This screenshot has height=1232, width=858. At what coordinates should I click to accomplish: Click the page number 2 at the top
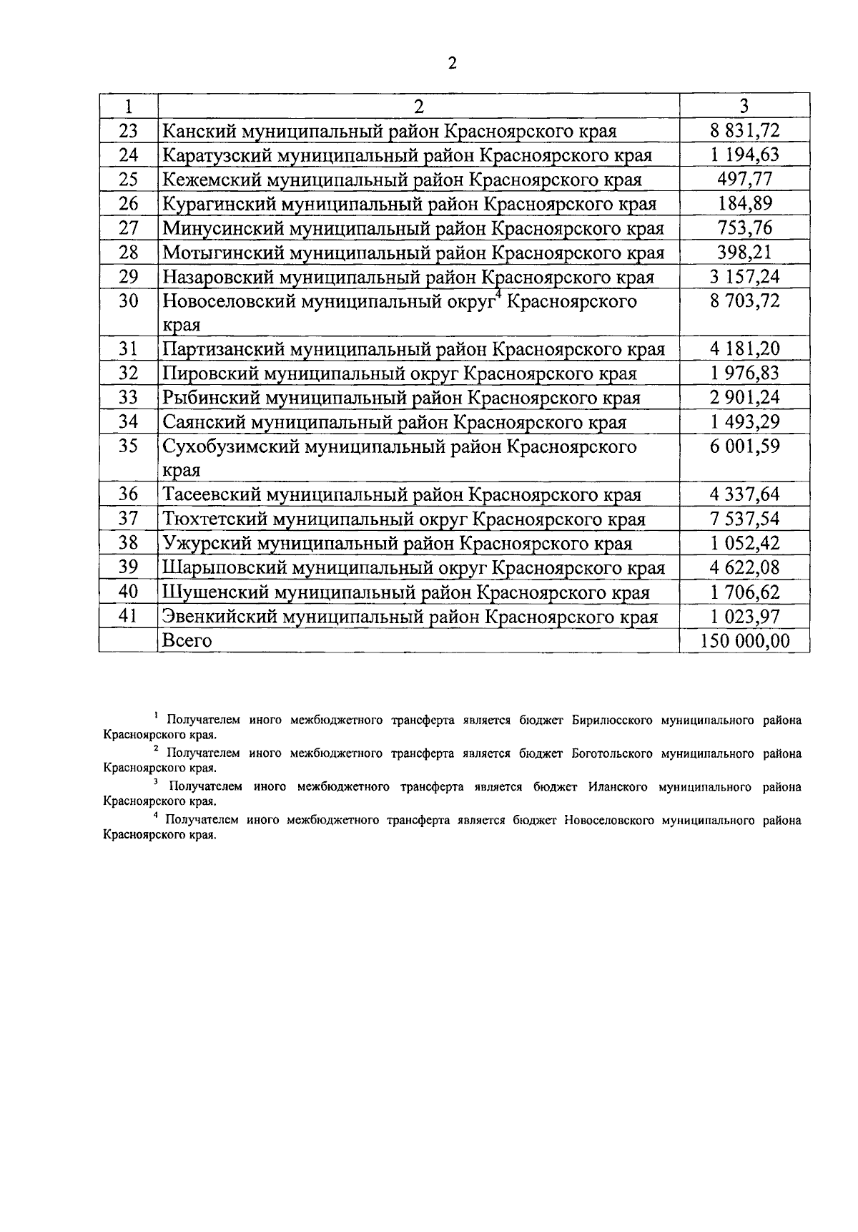point(451,64)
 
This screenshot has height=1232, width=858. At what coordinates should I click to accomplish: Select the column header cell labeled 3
point(744,106)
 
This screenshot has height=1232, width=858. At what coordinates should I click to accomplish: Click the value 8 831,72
point(744,130)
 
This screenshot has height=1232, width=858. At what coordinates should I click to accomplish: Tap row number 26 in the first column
point(128,204)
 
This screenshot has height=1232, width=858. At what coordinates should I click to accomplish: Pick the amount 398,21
point(744,252)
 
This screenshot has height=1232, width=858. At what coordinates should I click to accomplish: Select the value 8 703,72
point(744,300)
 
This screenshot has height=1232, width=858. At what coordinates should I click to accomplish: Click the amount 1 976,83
point(744,373)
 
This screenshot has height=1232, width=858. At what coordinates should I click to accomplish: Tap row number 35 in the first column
point(128,446)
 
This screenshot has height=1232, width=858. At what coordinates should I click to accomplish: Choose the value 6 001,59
point(744,446)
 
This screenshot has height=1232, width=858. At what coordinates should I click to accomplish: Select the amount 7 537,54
point(744,519)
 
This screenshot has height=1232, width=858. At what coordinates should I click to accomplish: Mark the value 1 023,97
point(744,616)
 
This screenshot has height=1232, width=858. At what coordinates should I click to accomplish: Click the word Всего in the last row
point(187,640)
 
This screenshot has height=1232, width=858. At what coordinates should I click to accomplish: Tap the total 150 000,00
point(744,640)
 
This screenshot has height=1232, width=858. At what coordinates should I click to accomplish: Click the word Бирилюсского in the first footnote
point(612,720)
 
